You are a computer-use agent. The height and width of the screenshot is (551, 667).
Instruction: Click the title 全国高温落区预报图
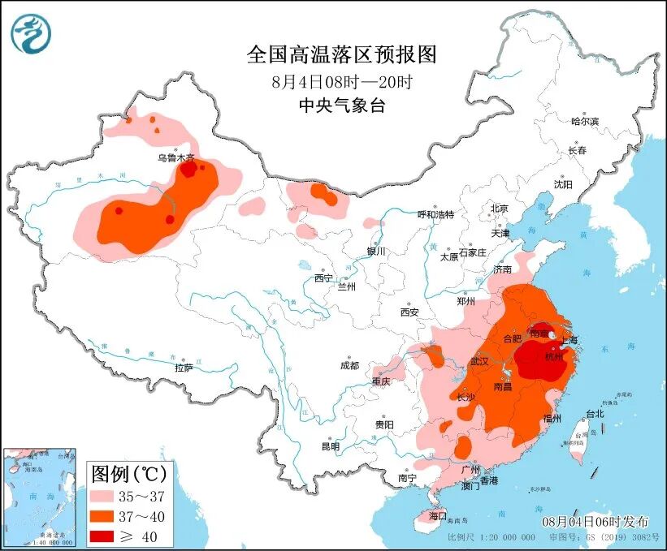(341, 54)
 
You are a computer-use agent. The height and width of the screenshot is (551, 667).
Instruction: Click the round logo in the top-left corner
(31, 33)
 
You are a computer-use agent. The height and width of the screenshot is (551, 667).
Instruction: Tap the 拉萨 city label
(184, 368)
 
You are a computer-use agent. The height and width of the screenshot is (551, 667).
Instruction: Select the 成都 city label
(350, 365)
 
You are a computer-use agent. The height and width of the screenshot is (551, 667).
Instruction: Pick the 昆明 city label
(330, 446)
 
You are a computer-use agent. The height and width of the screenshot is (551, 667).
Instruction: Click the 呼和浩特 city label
(435, 214)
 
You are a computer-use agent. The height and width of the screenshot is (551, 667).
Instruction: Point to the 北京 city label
(499, 209)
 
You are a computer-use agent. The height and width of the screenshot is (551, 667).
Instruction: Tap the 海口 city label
(438, 516)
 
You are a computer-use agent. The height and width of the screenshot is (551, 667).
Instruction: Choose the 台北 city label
(595, 414)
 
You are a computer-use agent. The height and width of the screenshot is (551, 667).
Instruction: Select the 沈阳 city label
(563, 184)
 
